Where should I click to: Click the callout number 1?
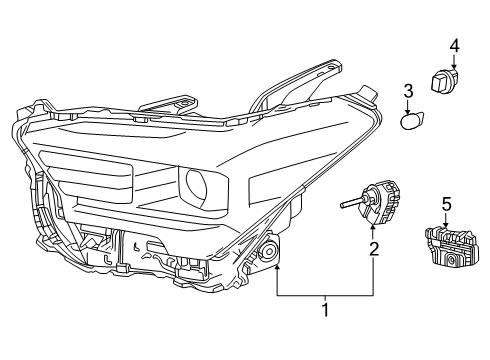[x=324, y=311]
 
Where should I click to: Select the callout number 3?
[x=407, y=93]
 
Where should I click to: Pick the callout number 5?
[x=447, y=203]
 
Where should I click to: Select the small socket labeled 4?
[x=446, y=79]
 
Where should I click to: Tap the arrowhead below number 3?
[x=408, y=109]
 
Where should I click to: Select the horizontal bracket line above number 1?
[x=324, y=296]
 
